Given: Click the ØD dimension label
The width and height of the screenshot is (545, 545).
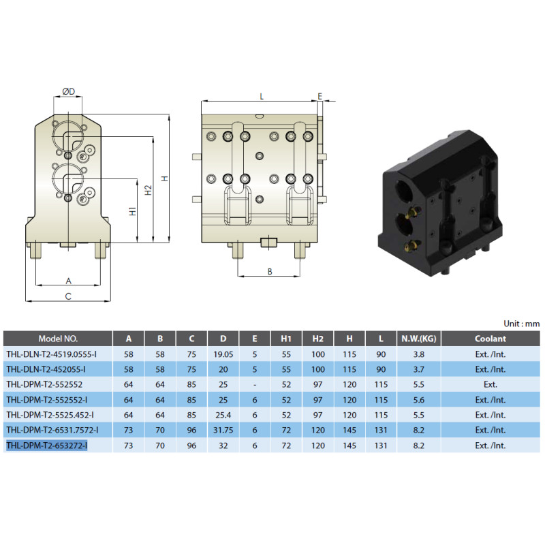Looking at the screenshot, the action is point(69,91).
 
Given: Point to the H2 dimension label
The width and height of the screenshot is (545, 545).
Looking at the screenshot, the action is point(149,190).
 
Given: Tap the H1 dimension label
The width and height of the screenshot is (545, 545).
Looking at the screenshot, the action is point(133,211).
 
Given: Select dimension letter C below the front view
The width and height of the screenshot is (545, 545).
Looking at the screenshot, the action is point(68,296).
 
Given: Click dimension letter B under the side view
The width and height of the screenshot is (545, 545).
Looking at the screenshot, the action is point(270,272).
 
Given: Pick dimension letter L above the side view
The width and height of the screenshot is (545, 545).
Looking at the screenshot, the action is point(262,96).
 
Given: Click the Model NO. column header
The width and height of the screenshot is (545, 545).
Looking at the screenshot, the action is point(58,339).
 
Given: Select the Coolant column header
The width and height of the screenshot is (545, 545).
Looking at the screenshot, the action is point(490,339).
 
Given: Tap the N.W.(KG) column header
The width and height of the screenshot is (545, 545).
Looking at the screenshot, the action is point(419,339).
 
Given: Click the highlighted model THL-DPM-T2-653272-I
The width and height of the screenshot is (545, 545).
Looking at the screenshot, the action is point(47,446).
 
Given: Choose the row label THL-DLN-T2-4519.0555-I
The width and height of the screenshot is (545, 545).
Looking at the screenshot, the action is point(52,354).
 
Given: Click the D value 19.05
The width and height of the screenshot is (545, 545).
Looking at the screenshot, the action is point(223,354).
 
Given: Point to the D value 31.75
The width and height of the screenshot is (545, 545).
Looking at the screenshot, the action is point(223,430).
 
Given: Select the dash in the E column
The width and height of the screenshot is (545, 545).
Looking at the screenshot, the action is point(255,385).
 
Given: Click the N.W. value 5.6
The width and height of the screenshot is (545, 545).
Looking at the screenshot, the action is point(419,400).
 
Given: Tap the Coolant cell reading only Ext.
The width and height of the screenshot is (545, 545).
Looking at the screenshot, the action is point(490,384).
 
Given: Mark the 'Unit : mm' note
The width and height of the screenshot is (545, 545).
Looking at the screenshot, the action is point(522,324).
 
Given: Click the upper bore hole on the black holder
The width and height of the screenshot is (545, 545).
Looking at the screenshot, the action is point(404,191).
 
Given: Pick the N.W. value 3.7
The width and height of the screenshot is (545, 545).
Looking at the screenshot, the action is point(419,369).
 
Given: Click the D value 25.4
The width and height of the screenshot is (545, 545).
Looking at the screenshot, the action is point(223,415).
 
